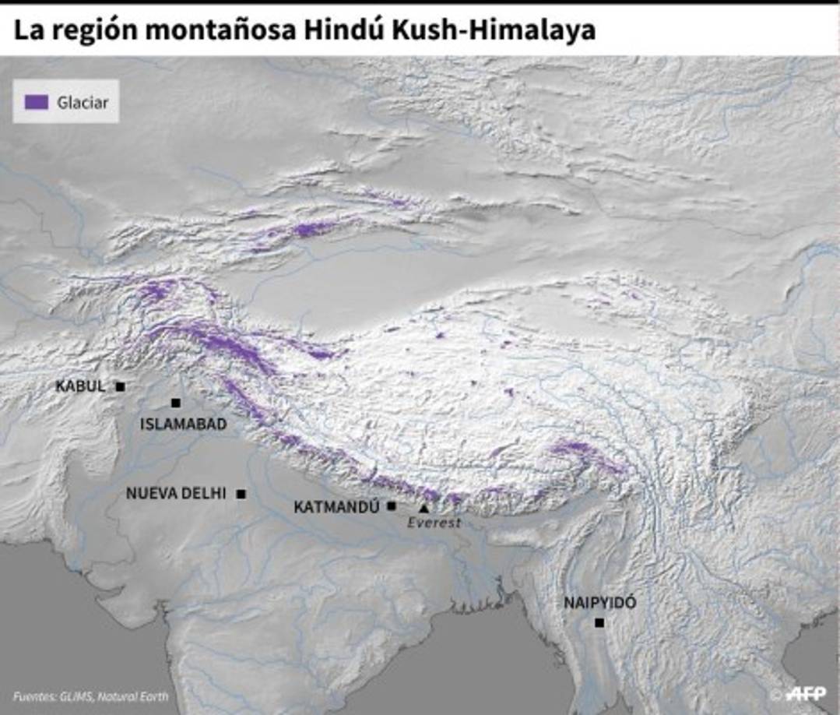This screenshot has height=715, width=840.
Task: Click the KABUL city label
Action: tap(79, 386)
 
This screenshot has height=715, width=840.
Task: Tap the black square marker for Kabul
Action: tap(120, 386)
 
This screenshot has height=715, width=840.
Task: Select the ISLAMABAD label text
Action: tap(183, 424)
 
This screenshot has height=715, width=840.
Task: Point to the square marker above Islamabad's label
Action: tap(176, 403)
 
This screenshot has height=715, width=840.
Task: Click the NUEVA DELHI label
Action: tap(176, 494)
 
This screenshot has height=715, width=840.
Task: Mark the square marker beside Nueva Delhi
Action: tap(241, 494)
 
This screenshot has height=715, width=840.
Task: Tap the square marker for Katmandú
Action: tap(392, 506)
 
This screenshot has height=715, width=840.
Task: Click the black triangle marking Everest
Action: tap(424, 508)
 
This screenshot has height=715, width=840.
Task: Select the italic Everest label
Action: tap(434, 523)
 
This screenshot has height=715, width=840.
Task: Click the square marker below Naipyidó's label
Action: tap(599, 622)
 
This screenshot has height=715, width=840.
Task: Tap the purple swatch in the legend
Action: tap(37, 102)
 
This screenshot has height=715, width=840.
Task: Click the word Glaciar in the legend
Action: tap(83, 102)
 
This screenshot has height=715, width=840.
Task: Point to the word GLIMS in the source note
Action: tap(75, 696)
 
